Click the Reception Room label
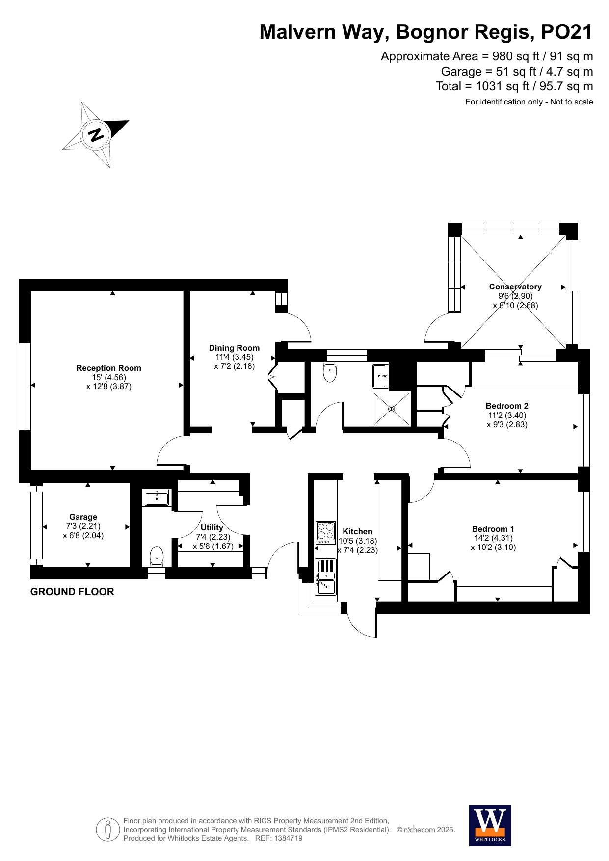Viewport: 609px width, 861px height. tap(108, 368)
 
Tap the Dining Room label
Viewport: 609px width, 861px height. tap(234, 348)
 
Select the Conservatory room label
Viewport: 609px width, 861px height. tap(515, 287)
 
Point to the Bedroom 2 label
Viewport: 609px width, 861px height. tap(507, 406)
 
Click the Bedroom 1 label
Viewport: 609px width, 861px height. tap(493, 529)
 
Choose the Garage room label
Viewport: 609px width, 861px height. tap(83, 517)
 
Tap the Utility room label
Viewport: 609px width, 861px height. tap(212, 527)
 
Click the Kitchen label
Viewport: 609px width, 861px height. tap(357, 531)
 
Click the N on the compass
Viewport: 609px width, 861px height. tap(96, 134)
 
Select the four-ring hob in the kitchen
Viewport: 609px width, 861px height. tap(326, 533)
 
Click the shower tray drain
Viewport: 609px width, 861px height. tap(391, 409)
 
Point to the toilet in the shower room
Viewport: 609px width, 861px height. tap(330, 372)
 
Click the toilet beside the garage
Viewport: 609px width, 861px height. tap(156, 556)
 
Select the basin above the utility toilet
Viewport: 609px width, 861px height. tap(157, 498)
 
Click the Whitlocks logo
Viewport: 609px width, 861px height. tap(490, 826)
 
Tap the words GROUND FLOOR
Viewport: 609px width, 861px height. tap(72, 592)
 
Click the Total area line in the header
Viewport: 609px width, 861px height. tap(514, 86)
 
